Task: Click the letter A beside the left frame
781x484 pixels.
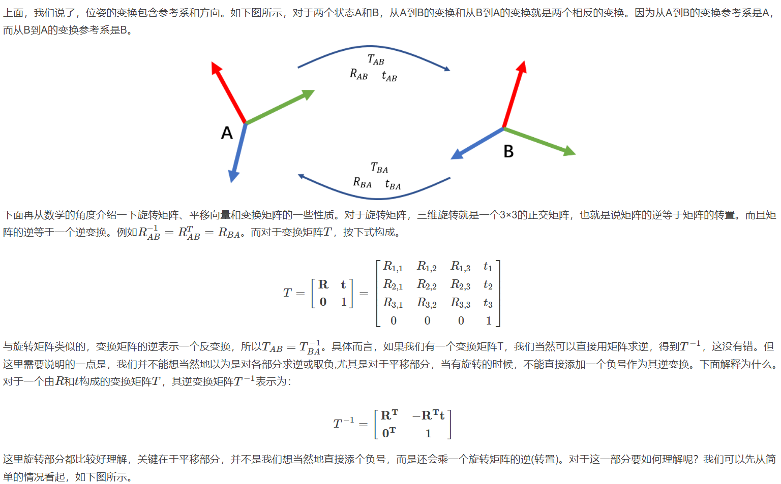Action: (227, 133)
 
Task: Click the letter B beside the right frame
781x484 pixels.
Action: (508, 151)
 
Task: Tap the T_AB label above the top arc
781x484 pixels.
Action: (376, 60)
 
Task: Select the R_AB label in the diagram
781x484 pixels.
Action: (358, 75)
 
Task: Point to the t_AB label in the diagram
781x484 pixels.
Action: (389, 76)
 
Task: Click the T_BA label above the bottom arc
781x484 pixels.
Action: (379, 168)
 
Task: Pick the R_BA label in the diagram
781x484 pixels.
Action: (362, 183)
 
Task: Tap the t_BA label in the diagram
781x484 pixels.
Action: (393, 184)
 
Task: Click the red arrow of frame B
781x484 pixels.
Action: (514, 94)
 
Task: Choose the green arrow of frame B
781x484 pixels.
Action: (539, 141)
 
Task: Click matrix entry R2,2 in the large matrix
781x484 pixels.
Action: (427, 285)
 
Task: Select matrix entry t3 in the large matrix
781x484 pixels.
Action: (488, 303)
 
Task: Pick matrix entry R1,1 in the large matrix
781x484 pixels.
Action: (393, 267)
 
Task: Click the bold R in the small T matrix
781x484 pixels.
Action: (323, 284)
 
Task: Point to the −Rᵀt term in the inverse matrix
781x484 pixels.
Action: (429, 415)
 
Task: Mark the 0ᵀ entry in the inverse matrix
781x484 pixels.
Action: (389, 433)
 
